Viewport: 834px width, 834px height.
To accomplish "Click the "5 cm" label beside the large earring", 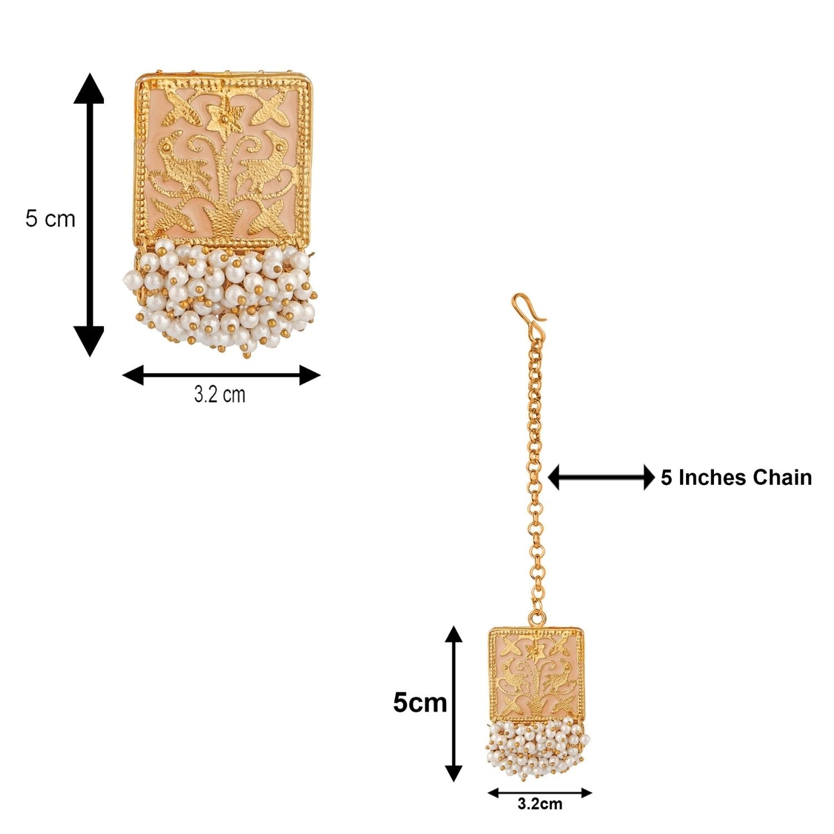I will pos(50,219).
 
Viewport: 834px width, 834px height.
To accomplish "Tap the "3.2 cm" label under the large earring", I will pos(220,395).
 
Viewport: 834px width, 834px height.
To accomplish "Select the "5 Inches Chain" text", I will pos(736,478).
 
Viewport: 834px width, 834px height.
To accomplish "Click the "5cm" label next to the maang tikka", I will pos(420,703).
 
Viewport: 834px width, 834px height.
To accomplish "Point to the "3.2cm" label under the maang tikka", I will pos(539,803).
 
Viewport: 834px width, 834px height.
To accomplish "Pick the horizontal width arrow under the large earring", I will pos(221,375).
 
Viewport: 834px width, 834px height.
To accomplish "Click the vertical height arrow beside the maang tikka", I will pos(454,703).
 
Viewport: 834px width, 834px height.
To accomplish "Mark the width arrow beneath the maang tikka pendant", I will pos(539,793).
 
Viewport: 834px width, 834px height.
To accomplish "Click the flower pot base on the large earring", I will pos(223,222).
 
